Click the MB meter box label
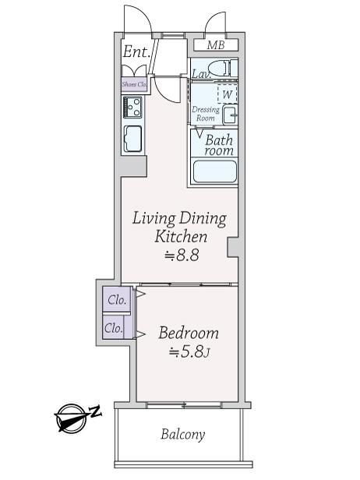216,45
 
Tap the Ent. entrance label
136,51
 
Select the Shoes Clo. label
134,84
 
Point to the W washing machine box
228,94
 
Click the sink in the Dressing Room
230,115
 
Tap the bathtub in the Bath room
215,171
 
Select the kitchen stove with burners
132,107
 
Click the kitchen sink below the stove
132,139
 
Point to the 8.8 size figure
182,255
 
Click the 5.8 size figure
189,352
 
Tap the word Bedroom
189,333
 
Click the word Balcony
183,435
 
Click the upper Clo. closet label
117,300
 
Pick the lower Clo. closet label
114,329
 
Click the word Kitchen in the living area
181,237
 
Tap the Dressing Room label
206,114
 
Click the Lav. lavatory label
201,74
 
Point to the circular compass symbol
72,418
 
